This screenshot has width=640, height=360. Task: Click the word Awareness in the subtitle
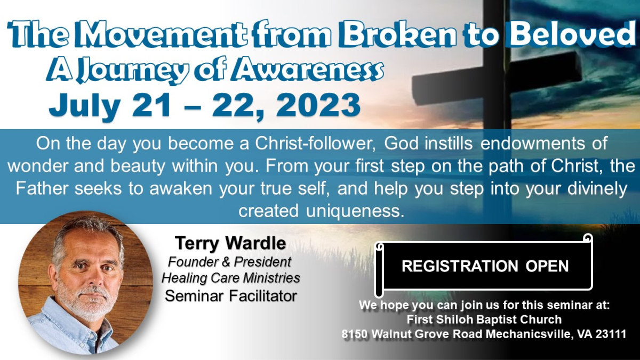point(307,69)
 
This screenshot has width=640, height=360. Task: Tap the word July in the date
point(85,106)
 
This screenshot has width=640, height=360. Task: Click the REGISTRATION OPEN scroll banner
point(485,266)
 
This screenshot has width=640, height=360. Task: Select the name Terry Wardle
point(230,243)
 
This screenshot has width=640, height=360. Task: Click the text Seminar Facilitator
point(231,295)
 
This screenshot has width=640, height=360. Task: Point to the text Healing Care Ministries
point(231,278)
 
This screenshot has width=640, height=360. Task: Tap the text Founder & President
point(230,261)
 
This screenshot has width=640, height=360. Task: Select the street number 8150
point(354,334)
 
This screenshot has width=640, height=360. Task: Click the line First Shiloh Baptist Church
point(484,319)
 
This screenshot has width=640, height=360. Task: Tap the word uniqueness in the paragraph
point(355,211)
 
